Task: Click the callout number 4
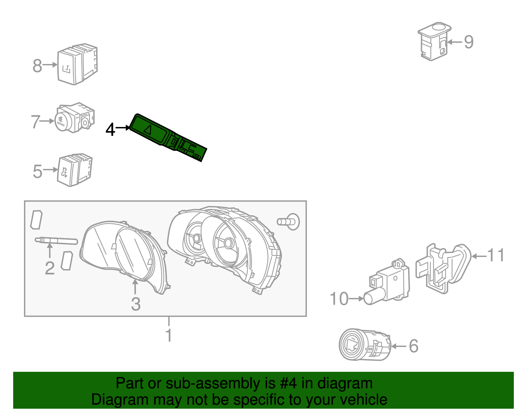pyautogui.click(x=110, y=130)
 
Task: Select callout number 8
pyautogui.click(x=37, y=66)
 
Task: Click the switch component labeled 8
pyautogui.click(x=76, y=64)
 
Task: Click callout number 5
pyautogui.click(x=38, y=172)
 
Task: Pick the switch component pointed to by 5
pyautogui.click(x=74, y=170)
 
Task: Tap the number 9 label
pyautogui.click(x=469, y=42)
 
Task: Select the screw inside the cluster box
pyautogui.click(x=289, y=221)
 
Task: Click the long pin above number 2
pyautogui.click(x=56, y=241)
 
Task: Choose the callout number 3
pyautogui.click(x=136, y=304)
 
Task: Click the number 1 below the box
pyautogui.click(x=169, y=335)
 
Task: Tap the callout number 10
pyautogui.click(x=339, y=299)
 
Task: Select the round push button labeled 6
pyautogui.click(x=354, y=345)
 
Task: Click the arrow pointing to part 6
pyautogui.click(x=399, y=346)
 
